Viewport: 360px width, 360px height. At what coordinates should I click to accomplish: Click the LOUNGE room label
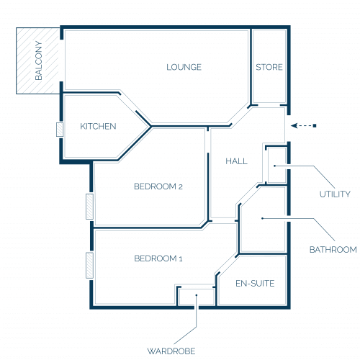tap(184, 67)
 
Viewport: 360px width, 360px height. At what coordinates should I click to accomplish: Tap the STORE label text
tap(269, 67)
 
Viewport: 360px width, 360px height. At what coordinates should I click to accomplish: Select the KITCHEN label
tap(98, 126)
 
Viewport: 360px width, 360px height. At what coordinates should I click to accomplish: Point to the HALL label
tap(236, 161)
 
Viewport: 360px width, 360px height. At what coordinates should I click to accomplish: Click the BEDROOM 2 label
tap(158, 186)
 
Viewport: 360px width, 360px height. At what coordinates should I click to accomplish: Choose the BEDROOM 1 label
tap(158, 258)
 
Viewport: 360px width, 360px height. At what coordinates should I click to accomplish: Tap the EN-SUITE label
tap(255, 284)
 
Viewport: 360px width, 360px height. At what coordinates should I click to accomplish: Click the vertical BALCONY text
tap(38, 60)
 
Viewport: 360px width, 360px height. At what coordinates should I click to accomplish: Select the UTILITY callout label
tap(335, 194)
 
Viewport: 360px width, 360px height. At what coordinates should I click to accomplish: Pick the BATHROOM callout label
tap(333, 250)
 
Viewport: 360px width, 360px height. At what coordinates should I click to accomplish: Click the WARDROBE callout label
tap(171, 351)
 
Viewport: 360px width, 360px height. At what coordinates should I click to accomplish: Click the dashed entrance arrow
tap(303, 125)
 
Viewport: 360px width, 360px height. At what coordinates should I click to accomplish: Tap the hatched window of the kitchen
tap(60, 130)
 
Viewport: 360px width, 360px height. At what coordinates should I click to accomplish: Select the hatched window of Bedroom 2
tap(89, 207)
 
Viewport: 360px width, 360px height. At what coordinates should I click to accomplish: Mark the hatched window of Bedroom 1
tap(89, 266)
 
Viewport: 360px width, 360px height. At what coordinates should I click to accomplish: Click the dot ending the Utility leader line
tap(275, 166)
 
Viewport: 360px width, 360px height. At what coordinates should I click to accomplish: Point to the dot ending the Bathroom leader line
tap(262, 218)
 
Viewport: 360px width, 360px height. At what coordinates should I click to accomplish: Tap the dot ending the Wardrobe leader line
tap(197, 295)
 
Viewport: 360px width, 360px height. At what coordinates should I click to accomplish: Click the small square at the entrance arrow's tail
tap(315, 125)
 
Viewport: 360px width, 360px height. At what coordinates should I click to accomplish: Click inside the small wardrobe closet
tap(197, 297)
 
